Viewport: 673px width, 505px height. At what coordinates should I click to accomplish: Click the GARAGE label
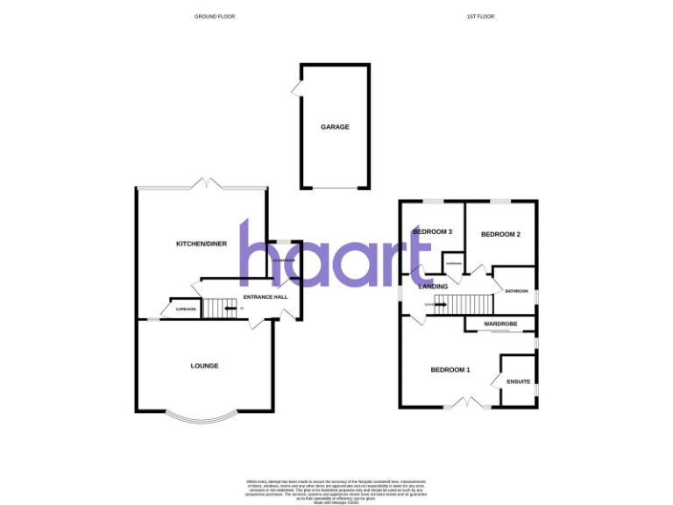pos(335,127)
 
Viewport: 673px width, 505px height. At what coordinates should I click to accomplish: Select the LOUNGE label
pos(205,366)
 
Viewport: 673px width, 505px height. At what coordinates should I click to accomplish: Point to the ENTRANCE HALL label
pos(266,298)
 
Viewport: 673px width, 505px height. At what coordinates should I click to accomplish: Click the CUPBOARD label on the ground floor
pos(185,309)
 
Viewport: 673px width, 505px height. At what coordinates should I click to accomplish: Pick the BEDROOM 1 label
pos(450,370)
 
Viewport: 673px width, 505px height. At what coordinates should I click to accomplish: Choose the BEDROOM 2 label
pos(501,234)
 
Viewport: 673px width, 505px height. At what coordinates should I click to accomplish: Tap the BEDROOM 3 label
pos(433,231)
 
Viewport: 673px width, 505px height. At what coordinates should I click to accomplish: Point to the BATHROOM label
pos(516,291)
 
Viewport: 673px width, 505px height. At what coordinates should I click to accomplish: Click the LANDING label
pos(434,287)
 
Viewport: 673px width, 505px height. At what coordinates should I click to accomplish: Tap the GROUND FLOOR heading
pos(215,17)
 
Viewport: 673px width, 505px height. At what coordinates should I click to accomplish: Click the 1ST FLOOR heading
pos(481,17)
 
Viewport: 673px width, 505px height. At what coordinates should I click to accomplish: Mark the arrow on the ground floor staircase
pos(230,309)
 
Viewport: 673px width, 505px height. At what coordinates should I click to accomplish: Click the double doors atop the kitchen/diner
pos(207,185)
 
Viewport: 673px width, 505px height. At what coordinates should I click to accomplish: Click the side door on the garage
pos(297,87)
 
